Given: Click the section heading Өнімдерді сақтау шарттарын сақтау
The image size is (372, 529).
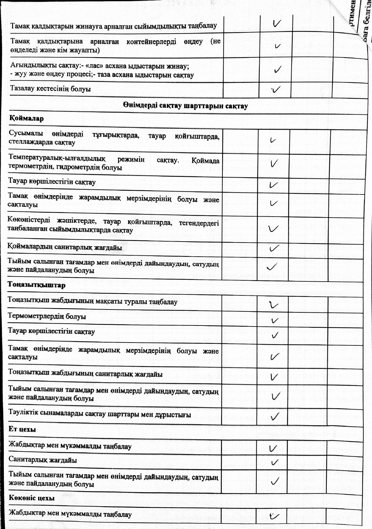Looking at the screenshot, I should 185,106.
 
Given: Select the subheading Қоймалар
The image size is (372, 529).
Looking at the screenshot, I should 27,118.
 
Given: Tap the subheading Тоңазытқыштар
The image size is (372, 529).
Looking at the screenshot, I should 37,285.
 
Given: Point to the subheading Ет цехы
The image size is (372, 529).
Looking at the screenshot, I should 22,429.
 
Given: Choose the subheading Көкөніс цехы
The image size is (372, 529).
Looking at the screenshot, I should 32,498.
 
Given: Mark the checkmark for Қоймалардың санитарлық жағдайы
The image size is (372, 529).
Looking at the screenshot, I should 274,248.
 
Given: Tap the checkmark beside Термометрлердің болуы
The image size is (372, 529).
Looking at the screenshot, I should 275,320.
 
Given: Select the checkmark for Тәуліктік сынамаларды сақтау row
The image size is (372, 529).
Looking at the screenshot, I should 275,416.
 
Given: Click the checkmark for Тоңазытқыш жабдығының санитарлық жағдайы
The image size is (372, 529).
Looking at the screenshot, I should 274,376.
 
